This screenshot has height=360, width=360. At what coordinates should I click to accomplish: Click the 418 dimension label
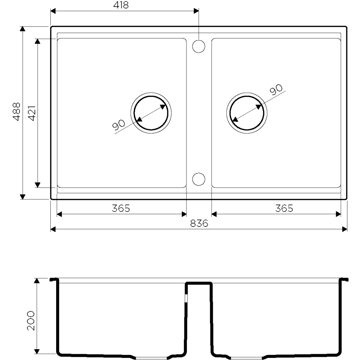tap(121, 5)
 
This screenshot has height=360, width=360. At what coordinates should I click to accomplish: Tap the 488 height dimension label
tap(17, 112)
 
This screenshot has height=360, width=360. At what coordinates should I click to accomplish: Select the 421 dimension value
tap(32, 113)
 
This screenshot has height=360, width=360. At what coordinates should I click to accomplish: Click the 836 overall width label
tap(199, 223)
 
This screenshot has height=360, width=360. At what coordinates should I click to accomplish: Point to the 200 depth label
tap(31, 321)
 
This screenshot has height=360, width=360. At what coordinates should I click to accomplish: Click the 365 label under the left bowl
tap(121, 208)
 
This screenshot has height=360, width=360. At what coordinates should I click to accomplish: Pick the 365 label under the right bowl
tap(284, 208)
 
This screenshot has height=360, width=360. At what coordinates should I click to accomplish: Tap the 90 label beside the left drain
tap(119, 125)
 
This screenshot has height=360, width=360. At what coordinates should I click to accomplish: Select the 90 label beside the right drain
tap(276, 90)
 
